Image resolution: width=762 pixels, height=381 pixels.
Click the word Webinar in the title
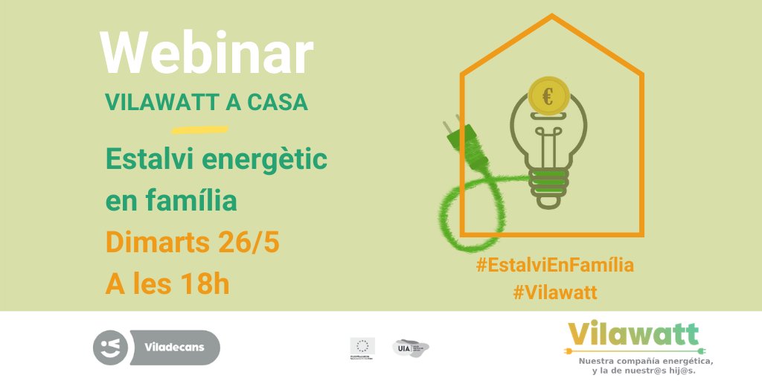click(x=207, y=54)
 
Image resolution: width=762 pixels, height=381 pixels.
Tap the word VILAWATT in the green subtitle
click(x=153, y=103)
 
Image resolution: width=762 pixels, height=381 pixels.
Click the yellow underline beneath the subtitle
click(x=199, y=129)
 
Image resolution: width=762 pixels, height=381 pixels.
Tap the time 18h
click(x=201, y=284)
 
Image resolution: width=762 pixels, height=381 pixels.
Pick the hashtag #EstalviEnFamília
click(x=554, y=264)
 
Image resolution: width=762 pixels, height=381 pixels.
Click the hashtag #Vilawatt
click(x=555, y=292)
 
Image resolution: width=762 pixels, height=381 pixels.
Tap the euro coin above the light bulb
click(x=548, y=97)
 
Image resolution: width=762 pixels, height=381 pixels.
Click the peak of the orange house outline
click(x=552, y=16)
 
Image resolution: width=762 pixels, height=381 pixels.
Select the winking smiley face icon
click(x=111, y=348)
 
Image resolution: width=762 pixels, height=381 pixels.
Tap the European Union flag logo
click(x=362, y=346)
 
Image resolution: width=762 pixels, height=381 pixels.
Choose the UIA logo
click(x=410, y=348)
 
